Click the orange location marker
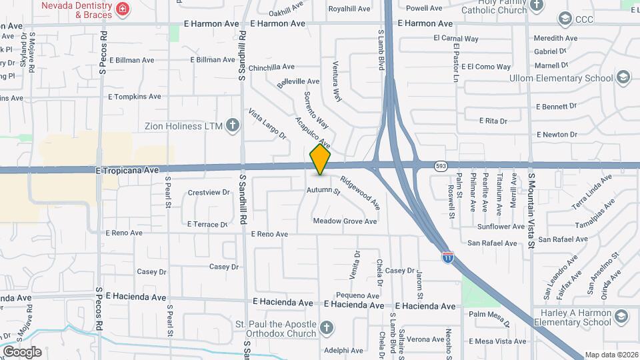pos(321,159)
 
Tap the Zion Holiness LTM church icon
pos(232,125)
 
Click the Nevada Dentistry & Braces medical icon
pos(122,9)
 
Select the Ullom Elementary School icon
pos(623,78)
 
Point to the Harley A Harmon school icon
pos(622,316)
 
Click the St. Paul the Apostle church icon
pos(325,327)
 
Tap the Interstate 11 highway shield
pos(448,255)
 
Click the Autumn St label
pos(323,191)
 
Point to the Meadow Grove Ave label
pos(345,221)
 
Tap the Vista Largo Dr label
pos(267,125)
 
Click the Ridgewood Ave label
pos(359,191)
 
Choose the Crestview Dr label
pos(208,193)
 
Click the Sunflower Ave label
pos(501,227)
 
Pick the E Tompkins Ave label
pos(135,97)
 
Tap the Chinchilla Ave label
pos(271,67)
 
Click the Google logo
pos(21,352)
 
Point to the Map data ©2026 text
pos(611,355)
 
